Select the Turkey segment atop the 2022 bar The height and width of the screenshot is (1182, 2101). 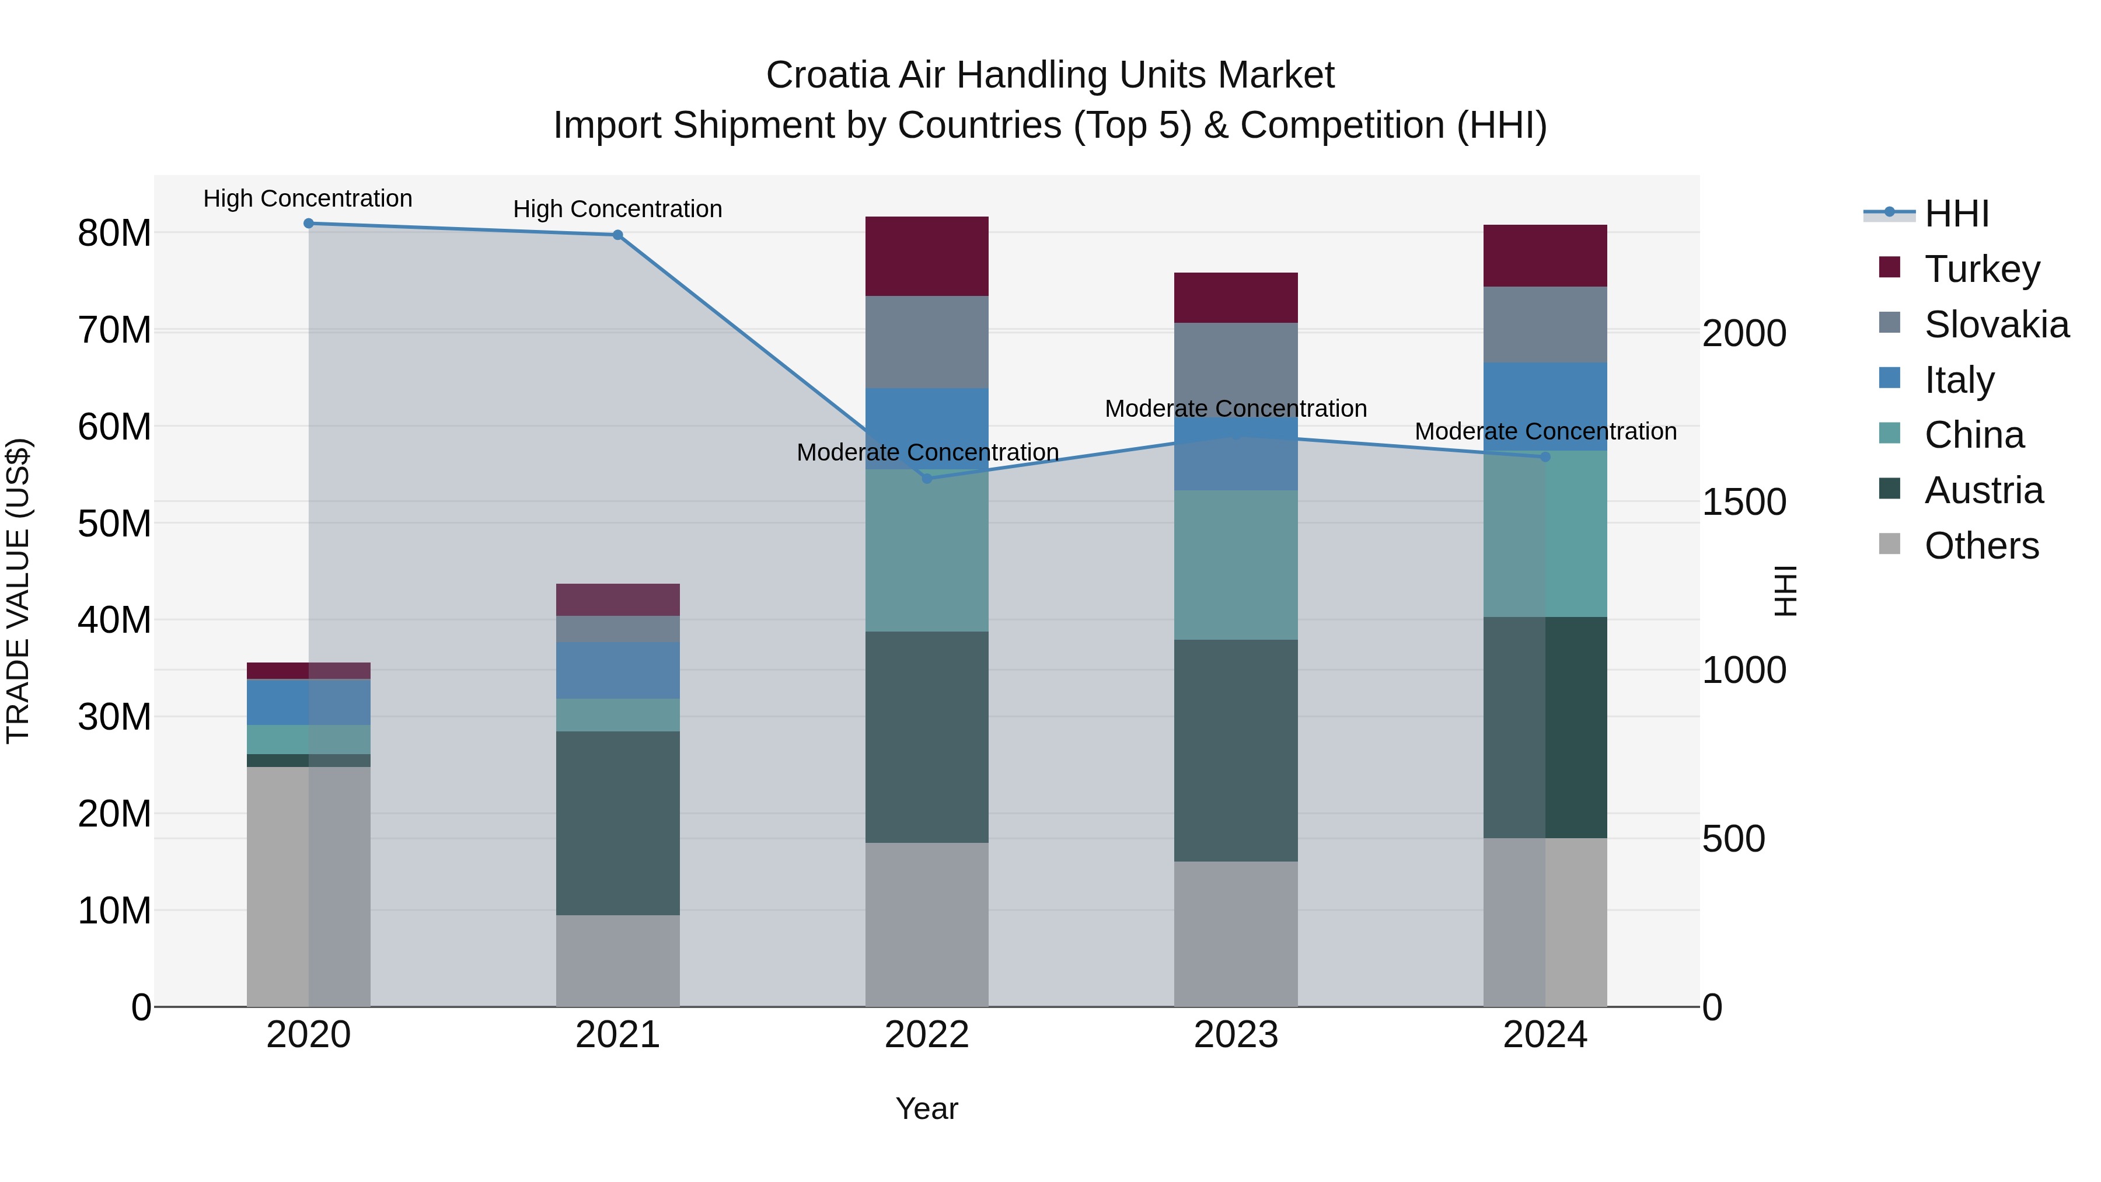tap(927, 256)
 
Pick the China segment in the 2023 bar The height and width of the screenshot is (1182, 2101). tap(1236, 564)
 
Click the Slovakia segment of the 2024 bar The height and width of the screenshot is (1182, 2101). tap(1545, 325)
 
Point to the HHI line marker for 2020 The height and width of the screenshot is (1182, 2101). tap(308, 224)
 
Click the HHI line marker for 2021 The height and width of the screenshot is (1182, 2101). tap(617, 235)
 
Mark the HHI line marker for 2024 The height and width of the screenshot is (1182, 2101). tap(1545, 457)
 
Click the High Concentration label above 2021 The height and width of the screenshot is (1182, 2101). tap(617, 210)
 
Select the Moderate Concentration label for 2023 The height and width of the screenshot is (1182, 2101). tap(1236, 409)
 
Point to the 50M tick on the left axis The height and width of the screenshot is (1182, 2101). tap(114, 524)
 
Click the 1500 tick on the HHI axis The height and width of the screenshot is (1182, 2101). tap(1744, 503)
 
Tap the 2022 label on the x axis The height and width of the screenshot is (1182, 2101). tap(927, 1035)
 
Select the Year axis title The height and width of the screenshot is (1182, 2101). tap(927, 1108)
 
